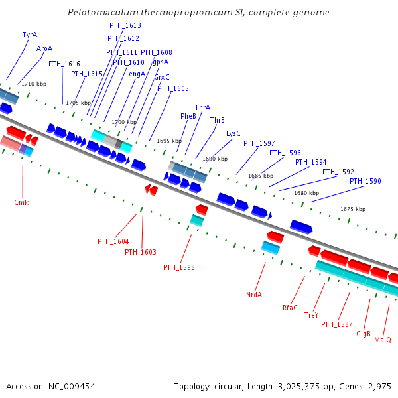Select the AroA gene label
pyautogui.click(x=44, y=48)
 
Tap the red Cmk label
pyautogui.click(x=21, y=202)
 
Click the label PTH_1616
pyautogui.click(x=64, y=64)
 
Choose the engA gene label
pyautogui.click(x=137, y=74)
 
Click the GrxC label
pyautogui.click(x=162, y=77)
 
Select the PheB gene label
pyautogui.click(x=188, y=116)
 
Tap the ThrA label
pyautogui.click(x=202, y=107)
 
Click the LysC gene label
pyautogui.click(x=233, y=133)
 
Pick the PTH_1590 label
pyautogui.click(x=365, y=181)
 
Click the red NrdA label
pyautogui.click(x=254, y=294)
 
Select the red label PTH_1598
pyautogui.click(x=179, y=267)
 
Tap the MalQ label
pyautogui.click(x=383, y=340)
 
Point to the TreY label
pyautogui.click(x=312, y=315)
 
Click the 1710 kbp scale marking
pyautogui.click(x=34, y=84)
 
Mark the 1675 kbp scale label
pyautogui.click(x=353, y=209)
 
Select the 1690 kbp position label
pyautogui.click(x=215, y=159)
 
